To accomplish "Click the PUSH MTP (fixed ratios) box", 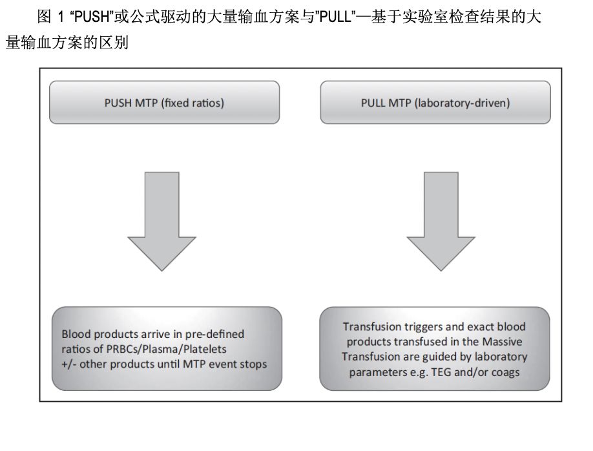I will pos(164,102).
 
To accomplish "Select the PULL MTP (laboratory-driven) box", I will pos(435,102).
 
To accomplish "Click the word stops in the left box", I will pos(253,364).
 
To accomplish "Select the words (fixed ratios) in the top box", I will pos(192,103).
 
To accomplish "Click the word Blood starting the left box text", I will pos(76,335).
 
